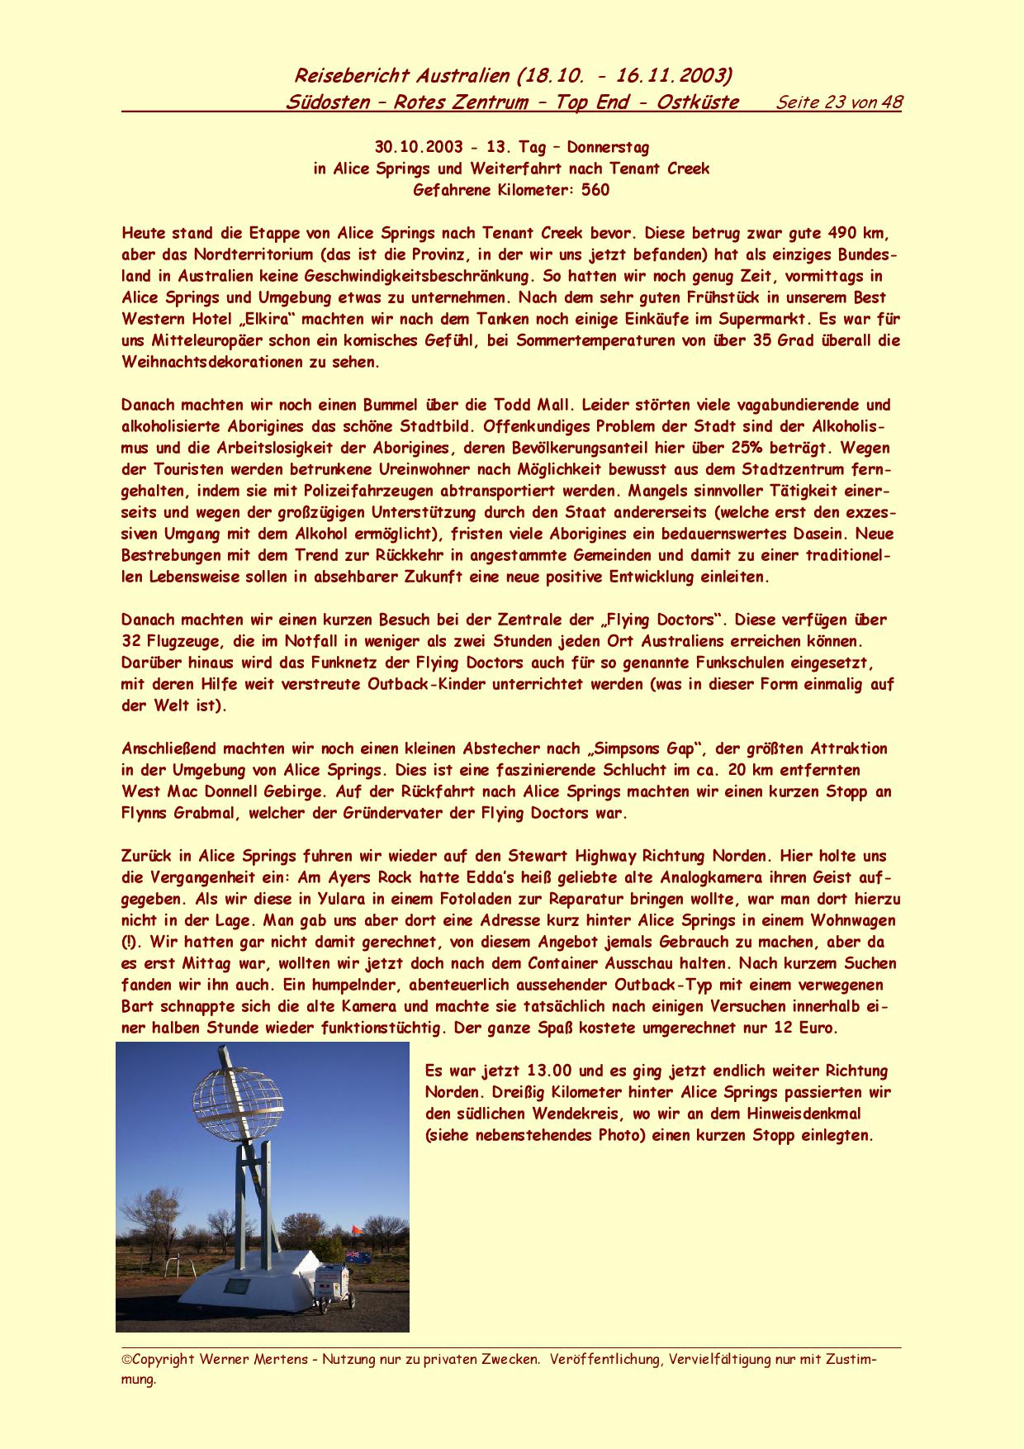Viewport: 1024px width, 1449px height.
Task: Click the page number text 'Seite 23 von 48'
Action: (839, 102)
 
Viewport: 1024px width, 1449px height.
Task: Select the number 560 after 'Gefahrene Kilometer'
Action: (595, 191)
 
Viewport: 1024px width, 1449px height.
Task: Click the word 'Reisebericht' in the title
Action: (351, 76)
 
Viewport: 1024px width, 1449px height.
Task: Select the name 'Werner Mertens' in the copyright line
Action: (268, 1359)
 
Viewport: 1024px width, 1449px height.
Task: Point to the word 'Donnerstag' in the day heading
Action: (608, 148)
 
